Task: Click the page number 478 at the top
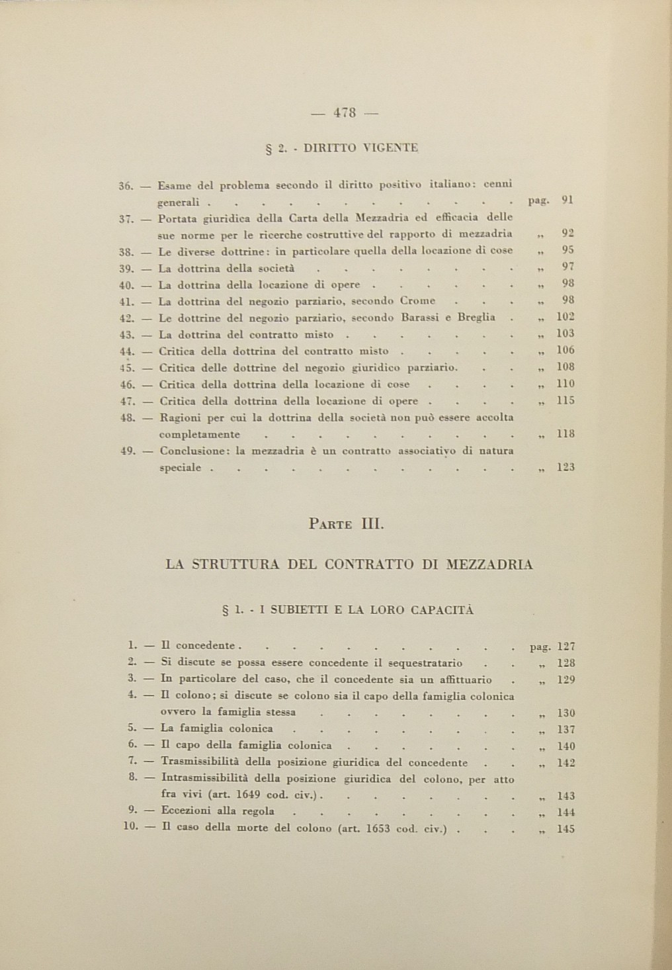[x=345, y=113]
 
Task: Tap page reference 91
[x=567, y=199]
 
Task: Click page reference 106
[x=566, y=351]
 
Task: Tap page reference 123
[x=566, y=467]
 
